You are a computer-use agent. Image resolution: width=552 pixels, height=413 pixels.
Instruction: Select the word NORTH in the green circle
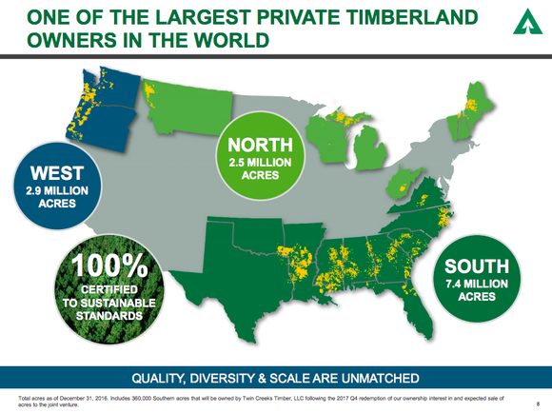click(260, 146)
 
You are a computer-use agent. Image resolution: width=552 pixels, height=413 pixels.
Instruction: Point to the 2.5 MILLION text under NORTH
click(260, 163)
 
